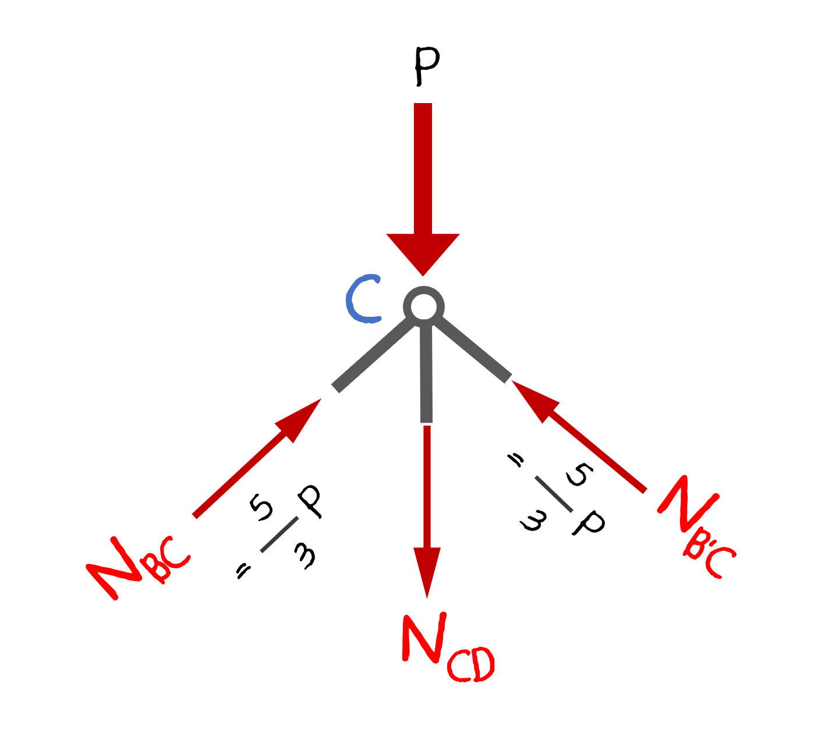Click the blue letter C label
363,299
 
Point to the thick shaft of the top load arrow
423,169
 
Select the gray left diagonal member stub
373,355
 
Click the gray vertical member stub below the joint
426,373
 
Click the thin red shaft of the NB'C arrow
600,454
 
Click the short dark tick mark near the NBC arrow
279,534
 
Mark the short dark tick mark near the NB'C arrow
554,494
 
